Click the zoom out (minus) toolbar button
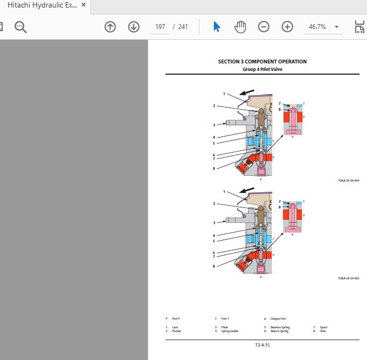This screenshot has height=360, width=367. pos(263,27)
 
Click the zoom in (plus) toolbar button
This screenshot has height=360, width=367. pos(287,27)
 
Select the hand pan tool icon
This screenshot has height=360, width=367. pos(240,27)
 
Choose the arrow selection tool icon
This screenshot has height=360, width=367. pos(217,27)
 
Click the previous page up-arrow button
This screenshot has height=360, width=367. pos(110,27)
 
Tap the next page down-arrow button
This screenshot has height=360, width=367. pos(134,27)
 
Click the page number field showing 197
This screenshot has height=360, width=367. pos(160,27)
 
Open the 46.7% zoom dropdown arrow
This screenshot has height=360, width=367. pos(336,27)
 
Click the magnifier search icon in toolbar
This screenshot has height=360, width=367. pos(21,27)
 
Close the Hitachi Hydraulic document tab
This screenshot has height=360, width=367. pos(83,5)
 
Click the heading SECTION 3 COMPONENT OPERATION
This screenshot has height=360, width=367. pos(262,62)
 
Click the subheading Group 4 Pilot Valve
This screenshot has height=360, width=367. pos(262,69)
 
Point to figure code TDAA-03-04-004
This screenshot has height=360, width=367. pos(348,181)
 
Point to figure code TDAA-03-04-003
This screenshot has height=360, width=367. pos(348,278)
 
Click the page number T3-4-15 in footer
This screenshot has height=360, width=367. pos(262,345)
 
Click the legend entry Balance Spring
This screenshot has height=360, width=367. pos(279,327)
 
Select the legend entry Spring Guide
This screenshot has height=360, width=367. pos(229,331)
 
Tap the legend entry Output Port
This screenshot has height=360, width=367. pos(278,319)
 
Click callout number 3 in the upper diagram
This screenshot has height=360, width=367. pos(214,125)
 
